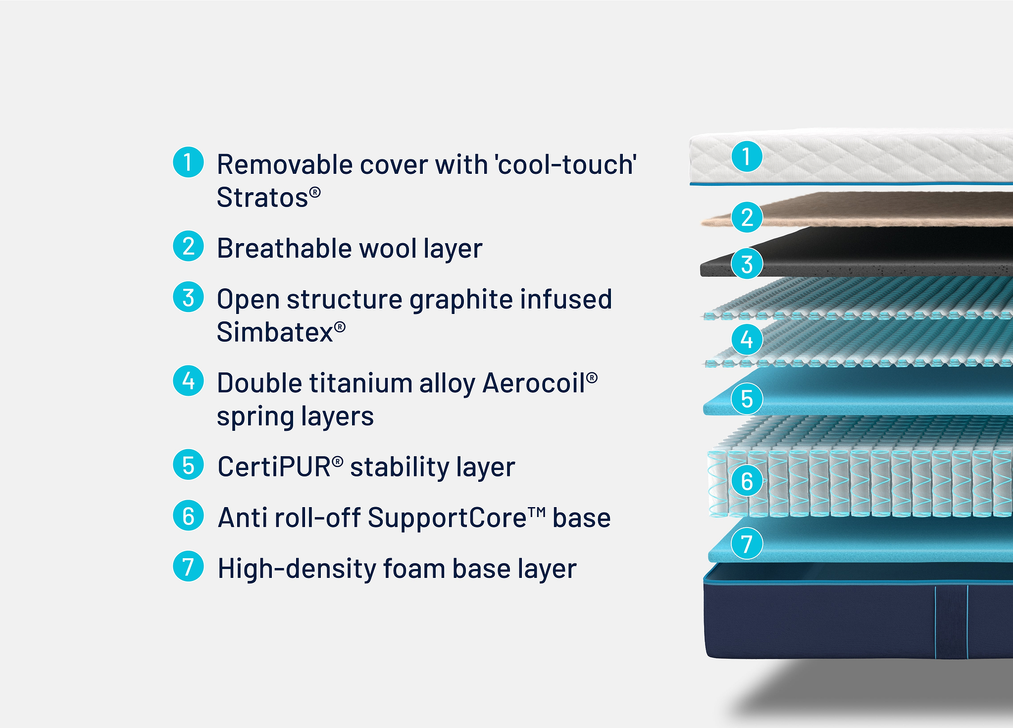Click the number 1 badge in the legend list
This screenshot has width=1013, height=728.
[x=188, y=162]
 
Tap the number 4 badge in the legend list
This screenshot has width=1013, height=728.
[x=188, y=381]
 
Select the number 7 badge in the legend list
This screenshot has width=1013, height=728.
[x=188, y=566]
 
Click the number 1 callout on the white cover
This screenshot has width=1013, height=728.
[x=747, y=156]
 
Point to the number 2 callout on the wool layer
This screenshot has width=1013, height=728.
[x=747, y=217]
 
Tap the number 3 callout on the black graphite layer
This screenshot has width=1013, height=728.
[x=747, y=263]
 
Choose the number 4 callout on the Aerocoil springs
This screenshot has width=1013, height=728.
[x=747, y=339]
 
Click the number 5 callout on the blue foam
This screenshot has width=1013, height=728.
[x=747, y=399]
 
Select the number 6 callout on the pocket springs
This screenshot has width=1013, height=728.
[x=747, y=481]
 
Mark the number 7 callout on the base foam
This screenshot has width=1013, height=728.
[x=747, y=543]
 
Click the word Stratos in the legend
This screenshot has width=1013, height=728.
[x=263, y=198]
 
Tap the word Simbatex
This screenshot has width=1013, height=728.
[x=275, y=332]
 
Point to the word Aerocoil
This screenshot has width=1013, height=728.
[x=534, y=383]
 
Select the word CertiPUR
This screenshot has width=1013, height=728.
[x=274, y=467]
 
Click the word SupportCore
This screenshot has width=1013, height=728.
[x=447, y=518]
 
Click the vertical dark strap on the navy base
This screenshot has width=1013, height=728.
[x=951, y=622]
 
